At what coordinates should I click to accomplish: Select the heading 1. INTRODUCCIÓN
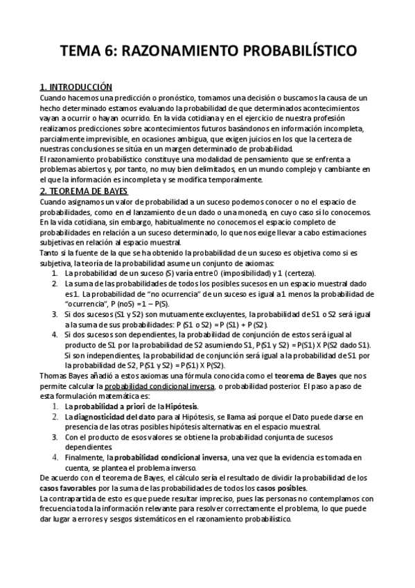76,87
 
